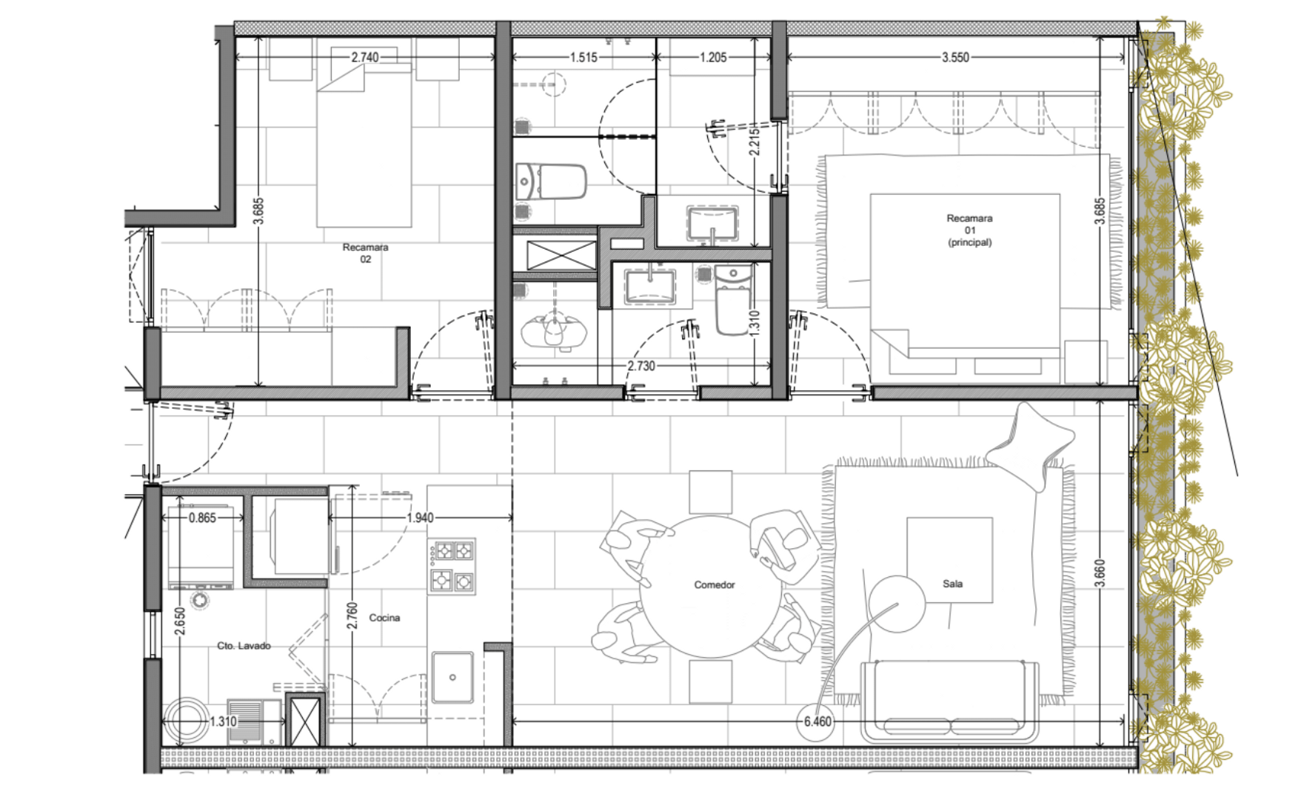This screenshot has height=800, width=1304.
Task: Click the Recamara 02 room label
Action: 365,253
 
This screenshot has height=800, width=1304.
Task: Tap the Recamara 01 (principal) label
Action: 969,230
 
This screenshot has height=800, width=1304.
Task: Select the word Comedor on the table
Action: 715,585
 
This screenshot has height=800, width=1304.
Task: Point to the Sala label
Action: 953,584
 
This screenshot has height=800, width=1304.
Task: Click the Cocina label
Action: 384,618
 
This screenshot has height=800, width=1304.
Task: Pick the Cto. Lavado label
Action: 244,646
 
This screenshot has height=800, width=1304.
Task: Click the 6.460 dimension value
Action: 817,721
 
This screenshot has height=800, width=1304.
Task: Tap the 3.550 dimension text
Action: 955,57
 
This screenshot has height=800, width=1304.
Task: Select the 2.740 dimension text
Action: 365,57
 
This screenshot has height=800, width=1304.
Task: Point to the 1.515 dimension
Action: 584,57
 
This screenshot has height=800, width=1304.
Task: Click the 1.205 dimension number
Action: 713,57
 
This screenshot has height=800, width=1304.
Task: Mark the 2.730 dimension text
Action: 641,366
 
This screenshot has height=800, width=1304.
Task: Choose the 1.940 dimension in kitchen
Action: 420,518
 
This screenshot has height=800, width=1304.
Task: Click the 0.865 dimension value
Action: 202,518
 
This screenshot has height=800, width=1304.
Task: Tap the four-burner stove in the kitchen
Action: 452,566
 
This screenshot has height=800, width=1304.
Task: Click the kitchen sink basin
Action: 452,677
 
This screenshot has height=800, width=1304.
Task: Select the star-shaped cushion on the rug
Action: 1031,444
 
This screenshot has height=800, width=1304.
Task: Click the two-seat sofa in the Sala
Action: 950,701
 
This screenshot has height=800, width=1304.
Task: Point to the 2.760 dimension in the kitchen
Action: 352,616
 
